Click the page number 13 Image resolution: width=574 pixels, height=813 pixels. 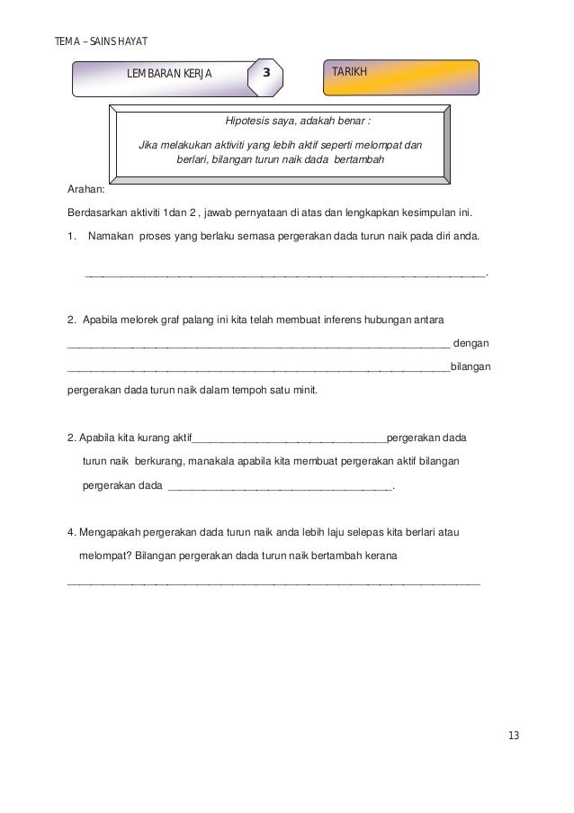tap(514, 736)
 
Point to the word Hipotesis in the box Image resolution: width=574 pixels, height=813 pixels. tap(248, 122)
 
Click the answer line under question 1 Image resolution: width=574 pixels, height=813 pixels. tap(283, 274)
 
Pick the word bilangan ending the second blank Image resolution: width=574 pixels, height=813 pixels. tap(470, 367)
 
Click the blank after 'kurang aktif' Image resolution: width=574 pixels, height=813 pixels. tap(290, 439)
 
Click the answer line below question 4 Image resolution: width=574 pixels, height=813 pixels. tap(274, 583)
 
